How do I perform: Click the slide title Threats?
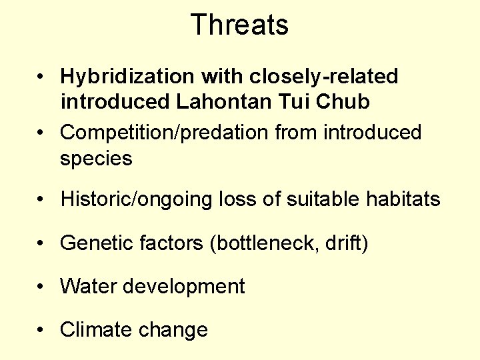[x=239, y=25]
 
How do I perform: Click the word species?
[x=96, y=159]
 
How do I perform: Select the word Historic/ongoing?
[x=137, y=199]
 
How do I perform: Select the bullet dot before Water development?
[x=41, y=287]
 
